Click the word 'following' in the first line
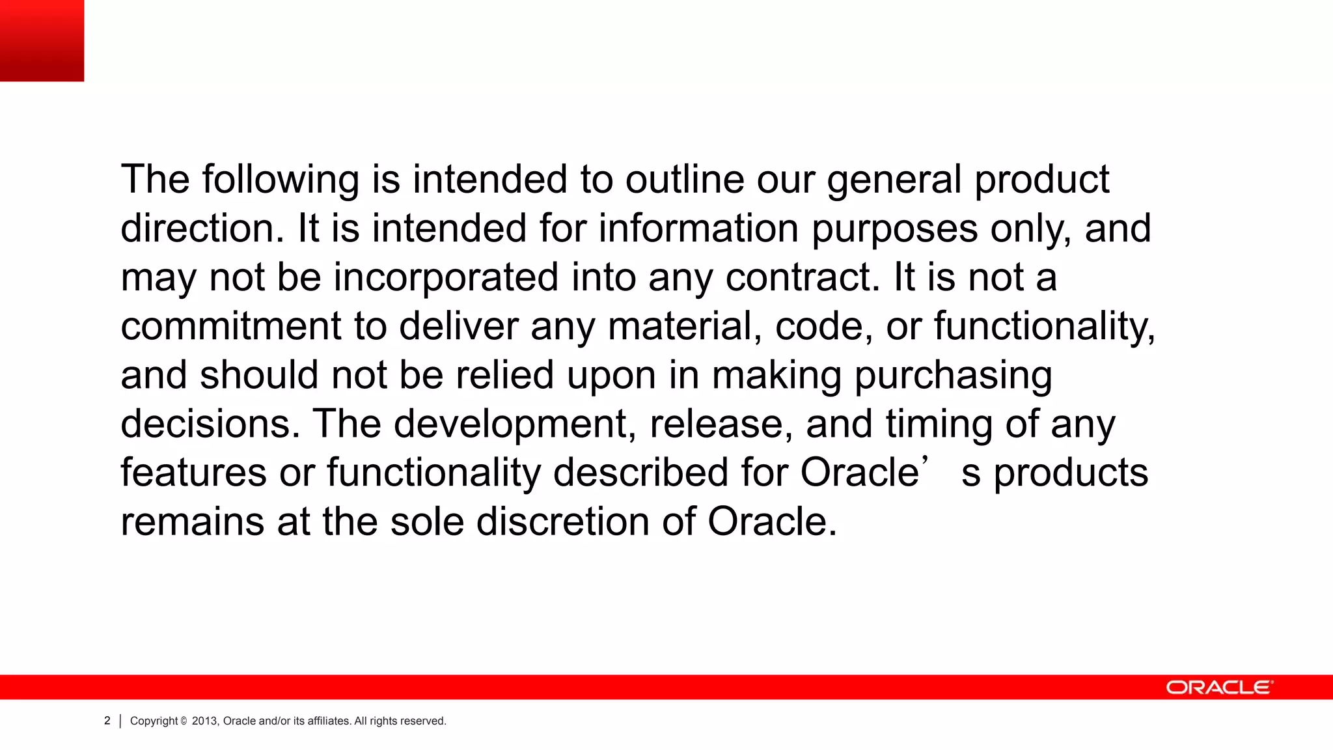click(x=281, y=180)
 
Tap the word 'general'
click(x=894, y=180)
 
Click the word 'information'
click(x=698, y=229)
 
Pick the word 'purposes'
click(x=894, y=230)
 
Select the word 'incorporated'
click(x=447, y=277)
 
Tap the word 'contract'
click(x=803, y=277)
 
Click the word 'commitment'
click(x=231, y=326)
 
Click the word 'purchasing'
click(x=953, y=376)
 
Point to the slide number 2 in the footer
click(x=107, y=721)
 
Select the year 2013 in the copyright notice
click(x=205, y=721)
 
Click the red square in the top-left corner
click(x=42, y=40)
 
